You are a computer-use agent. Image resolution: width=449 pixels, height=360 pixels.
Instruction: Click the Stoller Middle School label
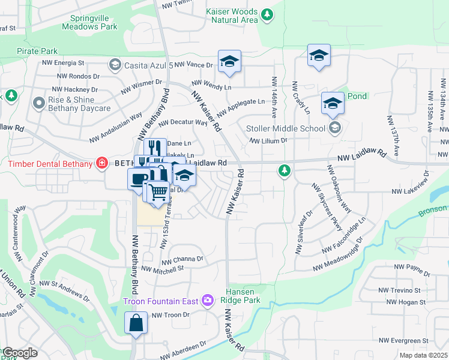tap(286, 127)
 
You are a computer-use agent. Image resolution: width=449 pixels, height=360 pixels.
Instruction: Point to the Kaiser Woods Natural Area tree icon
tap(267, 13)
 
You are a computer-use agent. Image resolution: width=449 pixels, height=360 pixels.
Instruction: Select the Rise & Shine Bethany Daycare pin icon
tap(40, 103)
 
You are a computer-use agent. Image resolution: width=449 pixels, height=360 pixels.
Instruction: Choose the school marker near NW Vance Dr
tap(229, 62)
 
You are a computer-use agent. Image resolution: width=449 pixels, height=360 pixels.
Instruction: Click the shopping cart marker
tap(158, 193)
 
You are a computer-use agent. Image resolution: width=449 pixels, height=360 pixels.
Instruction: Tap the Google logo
tap(19, 353)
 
